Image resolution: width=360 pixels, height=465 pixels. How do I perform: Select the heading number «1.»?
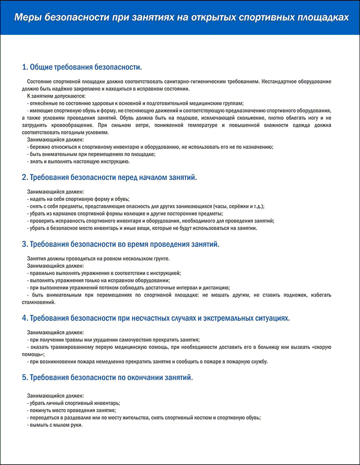click(25, 67)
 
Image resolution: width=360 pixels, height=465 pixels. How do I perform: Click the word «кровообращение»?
click(65, 125)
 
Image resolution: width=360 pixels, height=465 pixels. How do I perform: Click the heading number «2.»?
click(25, 177)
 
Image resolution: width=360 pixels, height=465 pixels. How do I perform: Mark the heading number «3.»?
click(25, 244)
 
